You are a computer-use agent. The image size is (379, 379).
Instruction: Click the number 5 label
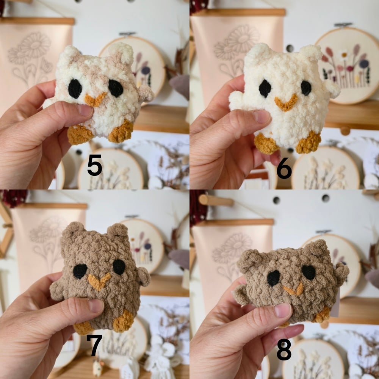click(94, 165)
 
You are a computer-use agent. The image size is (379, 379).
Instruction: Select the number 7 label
click(94, 345)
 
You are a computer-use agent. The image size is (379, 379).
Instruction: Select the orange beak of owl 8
click(293, 289)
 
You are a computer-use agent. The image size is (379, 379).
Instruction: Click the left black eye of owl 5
click(75, 89)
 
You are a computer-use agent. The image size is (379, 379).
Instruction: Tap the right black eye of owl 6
click(306, 88)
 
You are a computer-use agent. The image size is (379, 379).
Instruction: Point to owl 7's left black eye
click(80, 271)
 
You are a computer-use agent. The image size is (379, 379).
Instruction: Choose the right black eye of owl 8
click(309, 272)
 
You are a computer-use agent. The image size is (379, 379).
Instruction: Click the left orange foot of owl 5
click(80, 135)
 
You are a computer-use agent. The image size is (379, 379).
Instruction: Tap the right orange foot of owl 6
click(309, 143)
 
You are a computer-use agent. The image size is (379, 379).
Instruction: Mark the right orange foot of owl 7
click(123, 321)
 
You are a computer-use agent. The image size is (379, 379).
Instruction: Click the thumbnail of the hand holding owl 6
click(262, 116)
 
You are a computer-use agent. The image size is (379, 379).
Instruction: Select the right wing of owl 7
click(143, 277)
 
